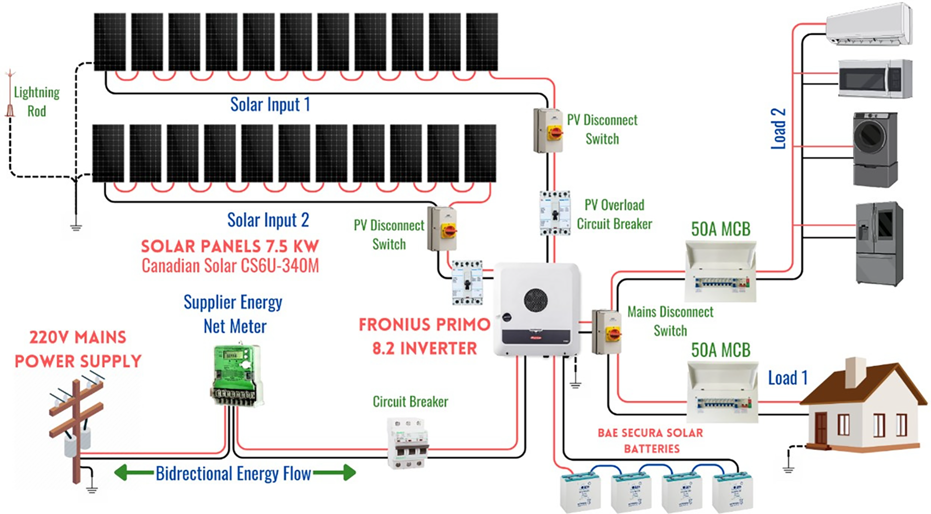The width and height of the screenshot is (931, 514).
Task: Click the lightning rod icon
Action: (x=10, y=95)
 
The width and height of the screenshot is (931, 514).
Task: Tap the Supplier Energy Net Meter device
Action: (x=237, y=374)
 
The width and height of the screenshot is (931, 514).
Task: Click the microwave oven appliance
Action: (x=875, y=79)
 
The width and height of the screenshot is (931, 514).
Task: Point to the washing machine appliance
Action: (x=875, y=149)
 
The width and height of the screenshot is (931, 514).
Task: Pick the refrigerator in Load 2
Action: (x=879, y=243)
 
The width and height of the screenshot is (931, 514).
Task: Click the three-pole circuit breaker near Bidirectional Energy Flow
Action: (x=408, y=443)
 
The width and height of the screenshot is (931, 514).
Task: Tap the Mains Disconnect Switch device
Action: (x=607, y=332)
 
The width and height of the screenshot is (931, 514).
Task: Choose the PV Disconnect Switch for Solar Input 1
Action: (x=548, y=130)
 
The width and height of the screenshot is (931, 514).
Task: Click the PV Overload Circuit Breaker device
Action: (x=555, y=213)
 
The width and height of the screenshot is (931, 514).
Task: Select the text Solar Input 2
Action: (x=268, y=220)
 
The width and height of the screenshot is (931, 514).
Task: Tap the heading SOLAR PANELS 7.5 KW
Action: (x=230, y=246)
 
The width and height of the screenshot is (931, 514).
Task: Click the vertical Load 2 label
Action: (x=778, y=128)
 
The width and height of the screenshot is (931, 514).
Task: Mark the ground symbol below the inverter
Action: (x=575, y=385)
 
